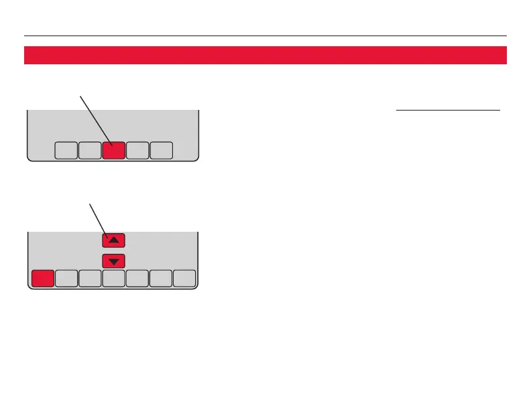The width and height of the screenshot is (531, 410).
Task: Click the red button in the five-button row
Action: point(113,151)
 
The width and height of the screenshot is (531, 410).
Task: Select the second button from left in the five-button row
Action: point(89,151)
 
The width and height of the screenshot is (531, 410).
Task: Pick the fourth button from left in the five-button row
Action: point(137,151)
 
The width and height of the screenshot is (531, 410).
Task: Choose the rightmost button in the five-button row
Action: point(162,151)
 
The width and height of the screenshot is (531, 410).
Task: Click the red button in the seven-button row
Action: point(42,279)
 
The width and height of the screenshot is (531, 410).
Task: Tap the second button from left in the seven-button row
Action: point(66,279)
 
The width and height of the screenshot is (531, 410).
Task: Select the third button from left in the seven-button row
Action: point(90,279)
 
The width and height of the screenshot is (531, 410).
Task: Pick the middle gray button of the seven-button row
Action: point(114,279)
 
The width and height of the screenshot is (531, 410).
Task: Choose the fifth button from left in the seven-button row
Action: point(137,279)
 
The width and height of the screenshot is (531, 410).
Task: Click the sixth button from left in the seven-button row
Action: point(161,279)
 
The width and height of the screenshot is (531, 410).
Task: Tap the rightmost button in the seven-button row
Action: point(184,279)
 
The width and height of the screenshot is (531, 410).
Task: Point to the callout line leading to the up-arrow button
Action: point(97,218)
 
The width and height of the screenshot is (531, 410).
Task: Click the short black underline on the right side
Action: point(448,109)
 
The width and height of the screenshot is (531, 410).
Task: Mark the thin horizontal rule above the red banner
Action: point(265,36)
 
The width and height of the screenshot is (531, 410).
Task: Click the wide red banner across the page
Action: point(265,55)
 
